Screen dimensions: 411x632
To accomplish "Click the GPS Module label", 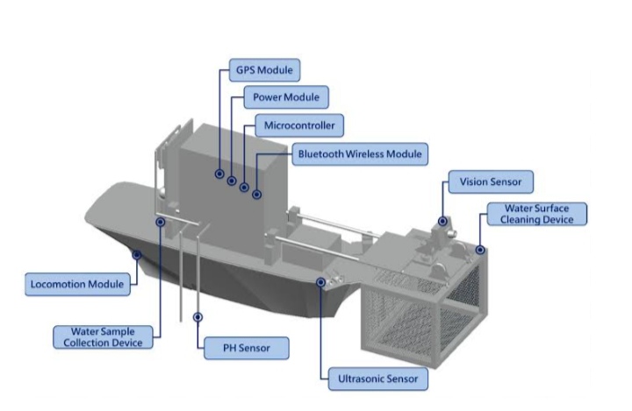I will coord(262,69).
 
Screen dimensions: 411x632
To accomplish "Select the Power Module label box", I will coord(285,97).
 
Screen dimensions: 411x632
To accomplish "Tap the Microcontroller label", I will coord(298,125).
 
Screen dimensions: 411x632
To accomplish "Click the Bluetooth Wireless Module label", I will coord(359,154).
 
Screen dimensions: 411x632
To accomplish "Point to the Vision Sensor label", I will coord(490,183).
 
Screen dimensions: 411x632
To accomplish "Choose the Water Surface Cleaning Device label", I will coord(537,214).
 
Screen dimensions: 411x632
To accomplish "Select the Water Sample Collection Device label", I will coord(105,337).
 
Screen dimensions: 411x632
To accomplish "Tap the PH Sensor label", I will coord(246,347).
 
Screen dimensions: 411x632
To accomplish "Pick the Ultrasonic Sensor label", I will coord(378,379).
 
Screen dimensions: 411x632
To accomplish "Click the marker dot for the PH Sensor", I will coord(198,316).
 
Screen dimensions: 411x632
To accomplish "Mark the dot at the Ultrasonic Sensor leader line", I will coord(321,282).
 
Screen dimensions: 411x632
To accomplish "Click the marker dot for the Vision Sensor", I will coord(443,222).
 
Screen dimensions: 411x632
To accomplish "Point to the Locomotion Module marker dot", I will coord(137,255).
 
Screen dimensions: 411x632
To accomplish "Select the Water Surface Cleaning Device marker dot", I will coord(480,250).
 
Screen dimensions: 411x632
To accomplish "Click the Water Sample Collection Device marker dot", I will coord(160,223).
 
